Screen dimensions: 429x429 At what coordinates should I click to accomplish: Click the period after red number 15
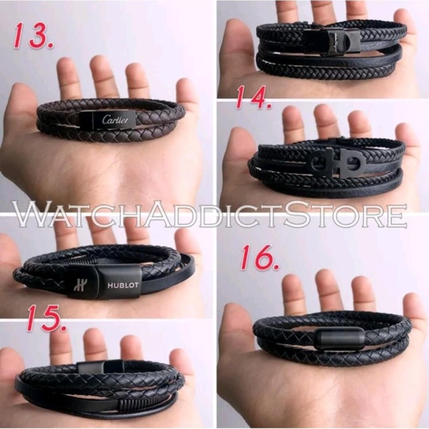point(64,327)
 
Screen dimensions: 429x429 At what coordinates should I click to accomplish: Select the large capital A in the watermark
point(164,214)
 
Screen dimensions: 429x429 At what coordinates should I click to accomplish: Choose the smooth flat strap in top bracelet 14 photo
point(368,54)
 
